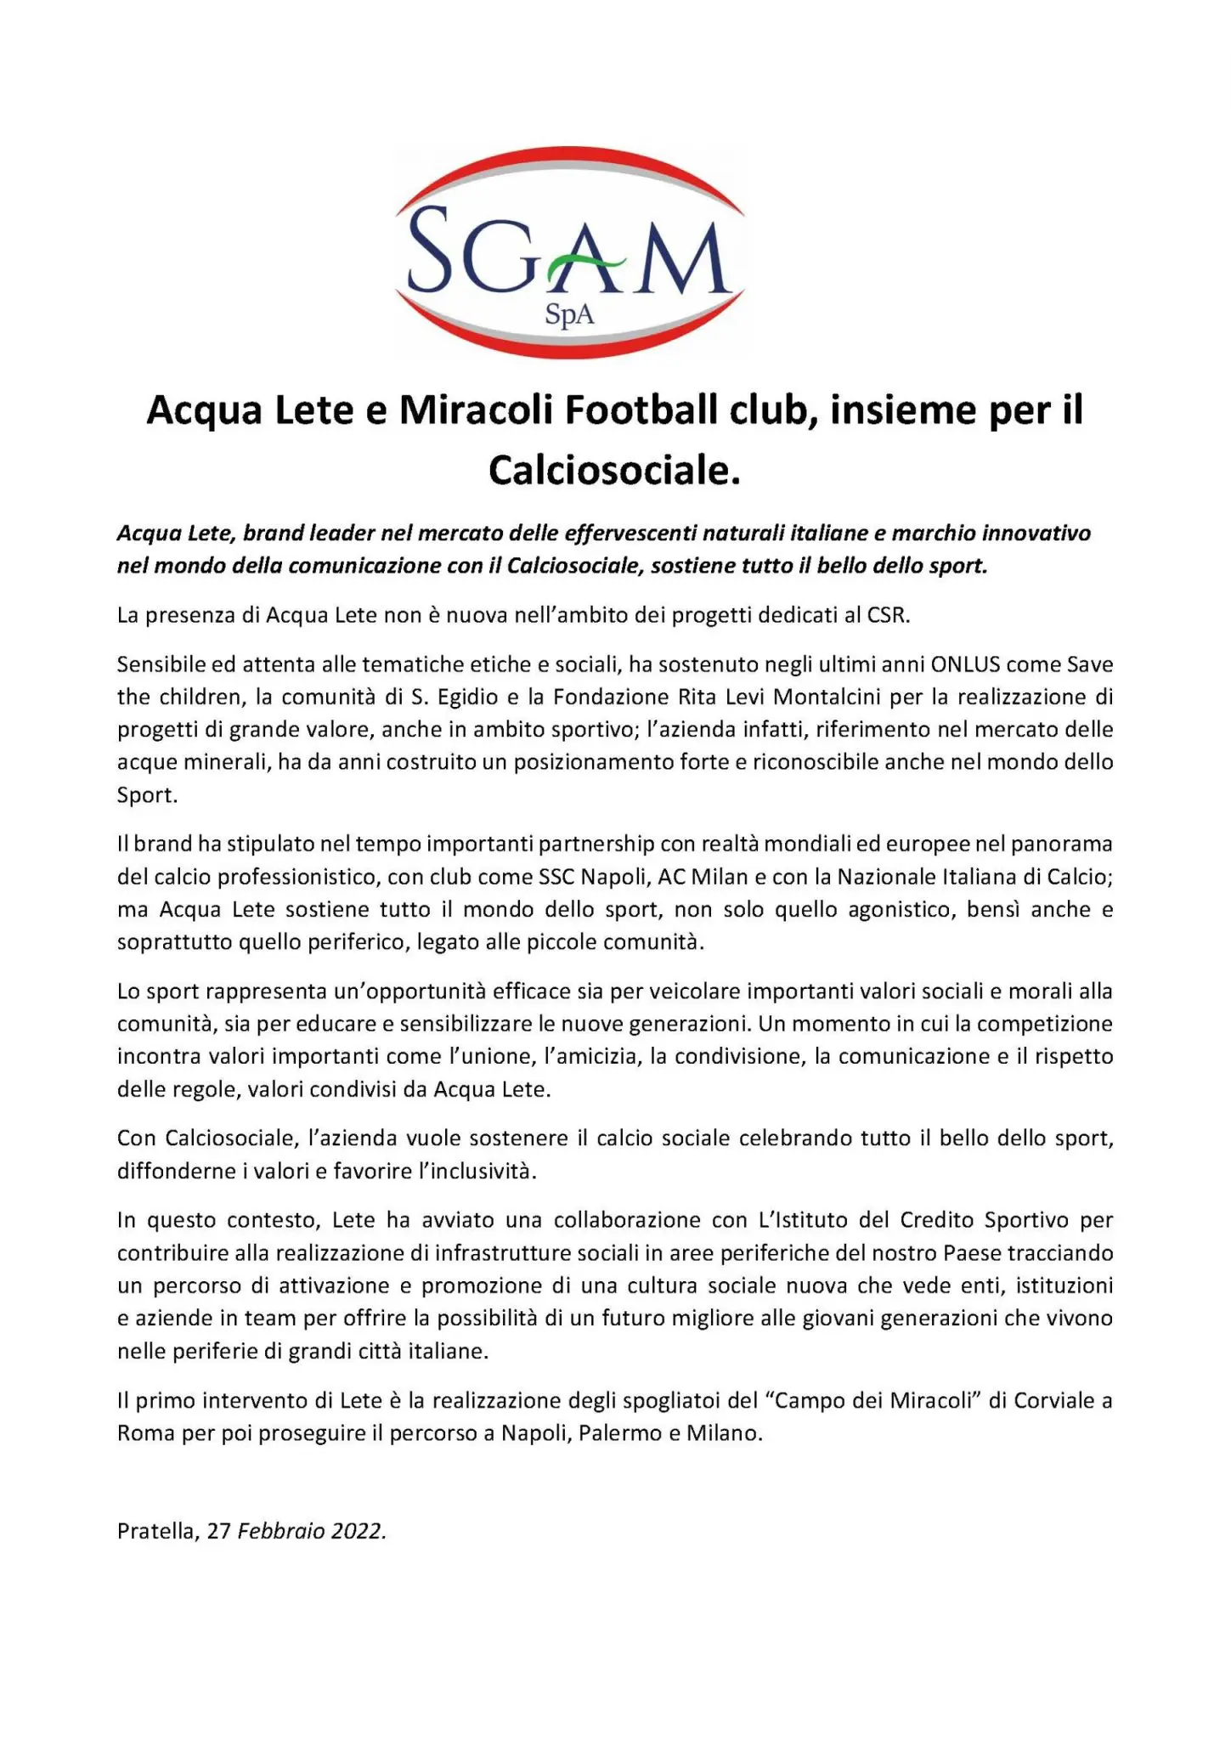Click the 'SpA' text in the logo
pyautogui.click(x=569, y=316)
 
